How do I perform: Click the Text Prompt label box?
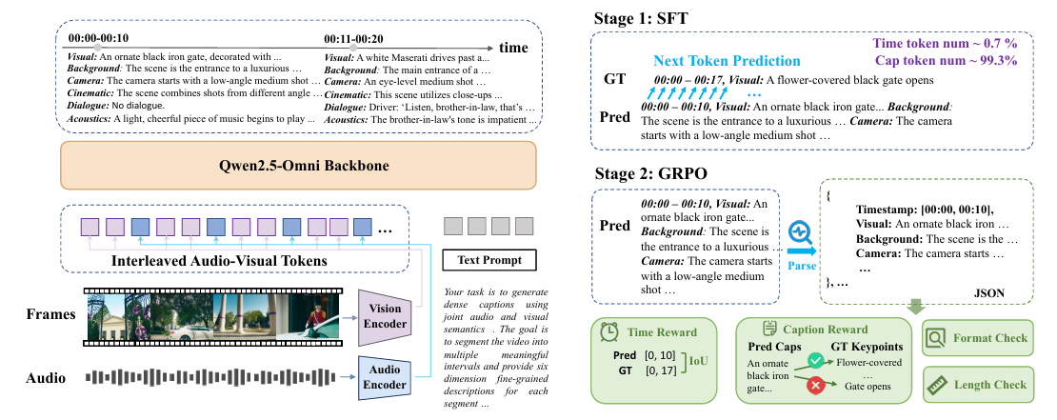pos(489,260)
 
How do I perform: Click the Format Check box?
pos(978,338)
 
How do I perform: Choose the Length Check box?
pos(978,384)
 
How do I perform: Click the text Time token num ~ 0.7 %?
pos(959,44)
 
